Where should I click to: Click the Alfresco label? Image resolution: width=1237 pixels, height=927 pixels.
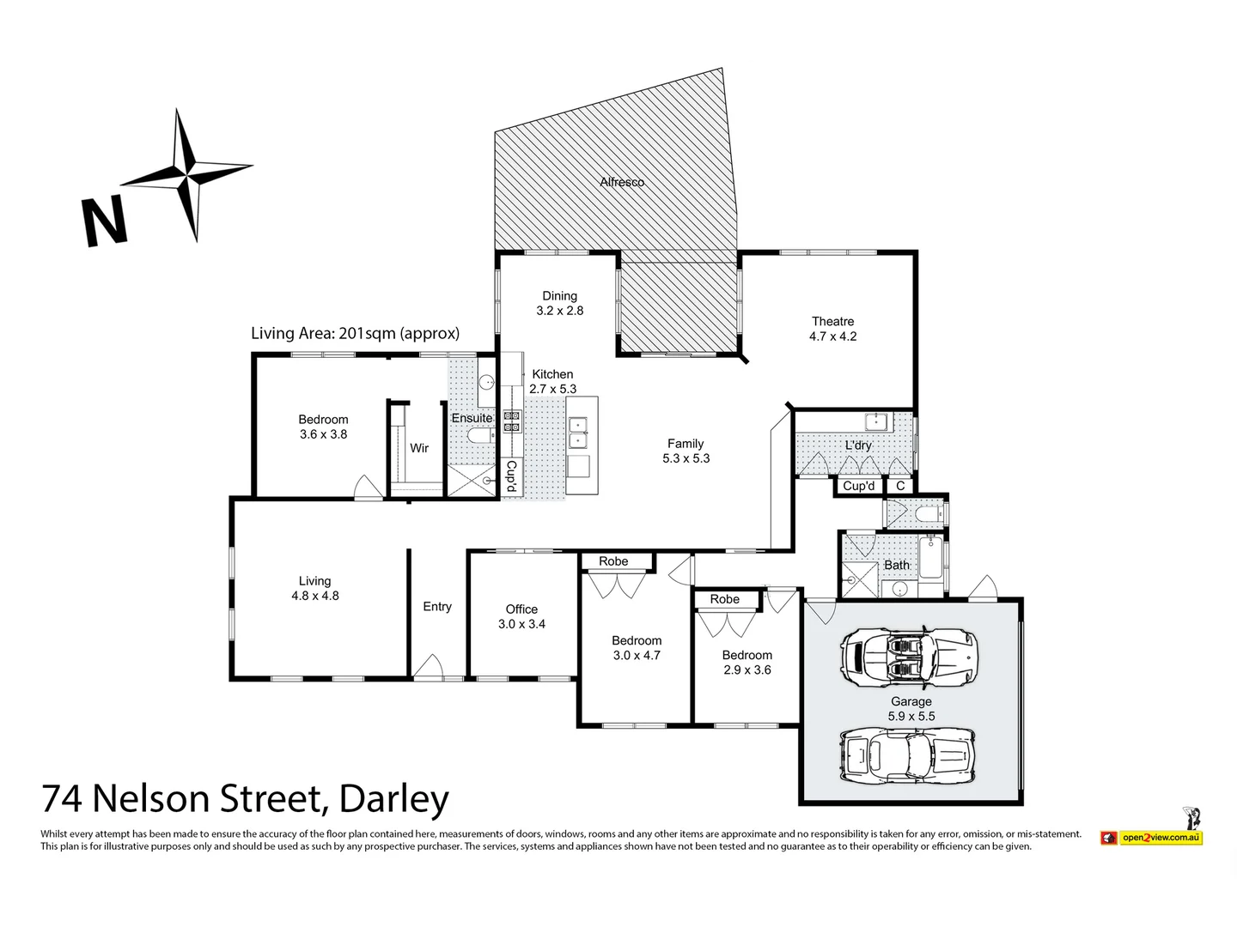[622, 182]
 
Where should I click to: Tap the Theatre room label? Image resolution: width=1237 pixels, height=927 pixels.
[832, 322]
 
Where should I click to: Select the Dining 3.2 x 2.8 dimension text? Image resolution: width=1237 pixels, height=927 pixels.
[559, 311]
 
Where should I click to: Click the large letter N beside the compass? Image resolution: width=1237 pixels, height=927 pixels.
[104, 221]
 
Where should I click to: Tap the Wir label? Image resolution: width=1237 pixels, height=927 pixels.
[419, 448]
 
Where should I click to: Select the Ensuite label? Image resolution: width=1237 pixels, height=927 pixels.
[472, 418]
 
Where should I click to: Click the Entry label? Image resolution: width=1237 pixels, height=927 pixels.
[437, 607]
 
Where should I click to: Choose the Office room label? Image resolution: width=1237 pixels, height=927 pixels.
[521, 609]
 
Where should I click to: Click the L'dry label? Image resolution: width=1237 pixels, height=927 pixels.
[858, 445]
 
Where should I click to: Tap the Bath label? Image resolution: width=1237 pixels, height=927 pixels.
[897, 565]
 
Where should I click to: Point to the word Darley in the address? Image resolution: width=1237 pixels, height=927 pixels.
[394, 800]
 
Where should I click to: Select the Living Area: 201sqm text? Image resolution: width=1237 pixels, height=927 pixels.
[355, 333]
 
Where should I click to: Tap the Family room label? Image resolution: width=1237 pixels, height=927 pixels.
[686, 444]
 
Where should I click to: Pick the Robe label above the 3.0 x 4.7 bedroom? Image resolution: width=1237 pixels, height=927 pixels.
[613, 561]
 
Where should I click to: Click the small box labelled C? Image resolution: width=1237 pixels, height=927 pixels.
[900, 486]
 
